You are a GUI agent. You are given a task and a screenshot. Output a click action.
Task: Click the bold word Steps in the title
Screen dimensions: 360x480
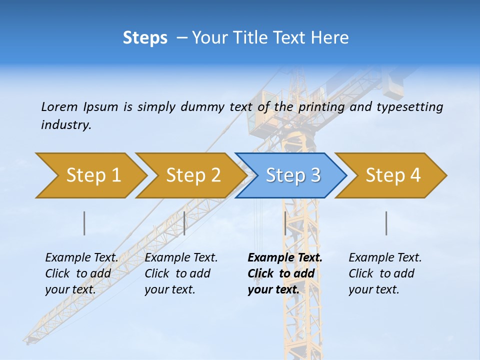click(145, 38)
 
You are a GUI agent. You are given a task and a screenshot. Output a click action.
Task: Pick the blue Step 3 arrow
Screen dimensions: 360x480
click(293, 175)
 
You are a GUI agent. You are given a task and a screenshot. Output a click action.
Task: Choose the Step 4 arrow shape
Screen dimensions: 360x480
click(393, 175)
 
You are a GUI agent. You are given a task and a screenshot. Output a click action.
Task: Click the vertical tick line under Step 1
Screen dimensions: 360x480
click(84, 223)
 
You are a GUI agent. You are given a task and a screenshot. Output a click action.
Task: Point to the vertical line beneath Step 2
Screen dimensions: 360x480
click(184, 223)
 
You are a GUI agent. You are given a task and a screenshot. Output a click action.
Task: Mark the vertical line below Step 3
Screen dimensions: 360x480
click(285, 223)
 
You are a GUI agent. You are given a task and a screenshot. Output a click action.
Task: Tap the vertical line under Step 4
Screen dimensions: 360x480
click(386, 223)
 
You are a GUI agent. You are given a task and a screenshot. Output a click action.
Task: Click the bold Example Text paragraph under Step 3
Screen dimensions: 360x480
click(284, 273)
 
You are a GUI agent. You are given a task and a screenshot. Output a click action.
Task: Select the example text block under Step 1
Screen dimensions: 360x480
click(81, 273)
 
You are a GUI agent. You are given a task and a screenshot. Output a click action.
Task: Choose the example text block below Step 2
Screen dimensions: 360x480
click(181, 273)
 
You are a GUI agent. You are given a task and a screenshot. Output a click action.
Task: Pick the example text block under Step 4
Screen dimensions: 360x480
click(385, 273)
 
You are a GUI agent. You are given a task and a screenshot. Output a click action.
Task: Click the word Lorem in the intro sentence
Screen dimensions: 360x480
click(59, 106)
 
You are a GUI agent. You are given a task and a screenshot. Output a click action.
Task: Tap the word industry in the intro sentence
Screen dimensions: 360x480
click(66, 125)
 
